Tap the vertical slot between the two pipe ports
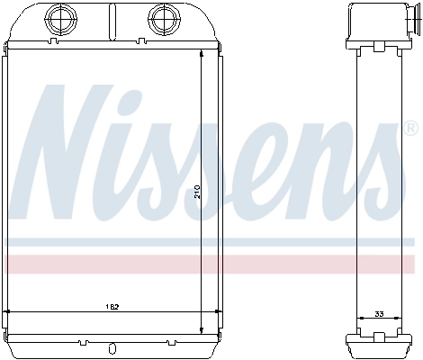(112, 18)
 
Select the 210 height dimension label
(197, 193)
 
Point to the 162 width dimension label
(112, 307)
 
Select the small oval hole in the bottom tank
(112, 349)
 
